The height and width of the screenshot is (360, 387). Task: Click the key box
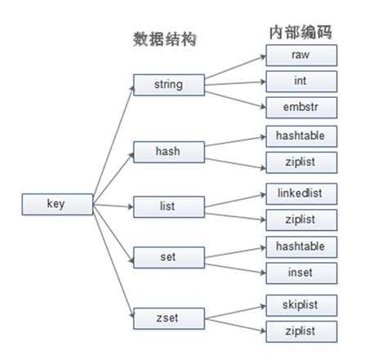click(56, 204)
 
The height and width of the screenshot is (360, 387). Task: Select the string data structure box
click(168, 83)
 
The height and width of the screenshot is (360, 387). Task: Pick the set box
click(168, 257)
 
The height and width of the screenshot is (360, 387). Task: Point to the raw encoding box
click(301, 55)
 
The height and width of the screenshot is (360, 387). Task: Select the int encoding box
click(301, 81)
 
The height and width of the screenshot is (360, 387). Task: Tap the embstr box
click(301, 107)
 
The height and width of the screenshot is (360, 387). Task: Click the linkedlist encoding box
click(301, 193)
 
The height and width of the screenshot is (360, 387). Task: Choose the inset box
click(301, 272)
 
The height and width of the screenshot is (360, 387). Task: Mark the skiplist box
click(301, 304)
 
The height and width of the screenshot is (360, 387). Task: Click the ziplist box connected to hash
click(301, 162)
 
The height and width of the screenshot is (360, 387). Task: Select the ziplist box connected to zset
click(301, 330)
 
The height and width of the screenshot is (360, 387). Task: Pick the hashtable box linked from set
click(301, 246)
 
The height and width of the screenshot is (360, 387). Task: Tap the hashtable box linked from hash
click(301, 136)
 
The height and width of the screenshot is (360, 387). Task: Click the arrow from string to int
click(234, 82)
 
